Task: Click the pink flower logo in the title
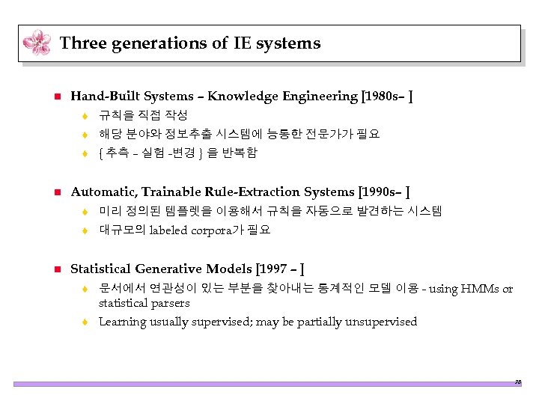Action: [37, 43]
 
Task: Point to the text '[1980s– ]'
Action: [387, 96]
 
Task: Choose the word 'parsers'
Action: [171, 303]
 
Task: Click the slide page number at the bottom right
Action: [517, 382]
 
